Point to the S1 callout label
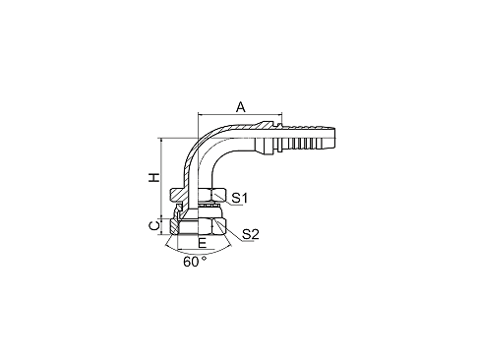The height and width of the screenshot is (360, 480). tap(240, 198)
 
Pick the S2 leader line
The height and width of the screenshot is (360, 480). tap(233, 227)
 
